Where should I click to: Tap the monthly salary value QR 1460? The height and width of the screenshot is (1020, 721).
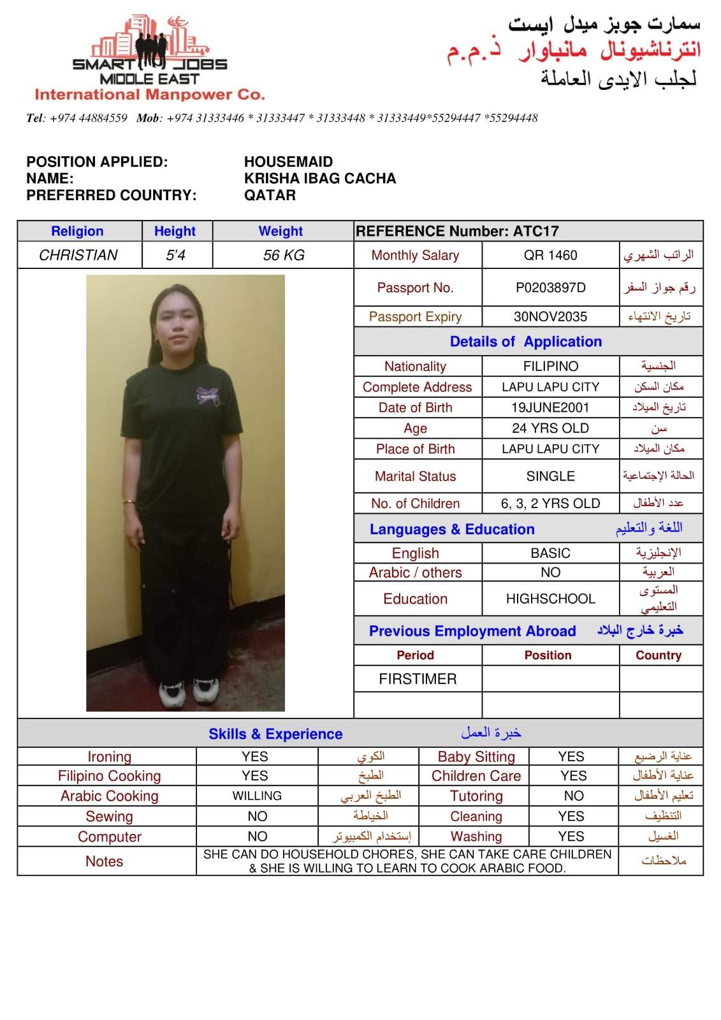550,256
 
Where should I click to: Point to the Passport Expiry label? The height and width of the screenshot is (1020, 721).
415,317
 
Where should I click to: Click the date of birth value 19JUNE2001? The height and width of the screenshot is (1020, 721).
550,408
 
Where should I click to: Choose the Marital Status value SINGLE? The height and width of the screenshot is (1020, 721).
550,476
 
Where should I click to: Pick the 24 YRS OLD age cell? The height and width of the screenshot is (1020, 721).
550,428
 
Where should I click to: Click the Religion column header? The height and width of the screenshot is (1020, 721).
77,231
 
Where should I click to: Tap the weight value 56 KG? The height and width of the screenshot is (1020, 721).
284,256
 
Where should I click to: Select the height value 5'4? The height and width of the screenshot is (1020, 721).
175,256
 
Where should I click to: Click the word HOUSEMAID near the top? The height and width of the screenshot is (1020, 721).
288,162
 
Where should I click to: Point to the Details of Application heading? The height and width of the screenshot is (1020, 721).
525,342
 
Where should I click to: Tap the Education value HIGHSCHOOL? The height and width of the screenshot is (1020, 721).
550,599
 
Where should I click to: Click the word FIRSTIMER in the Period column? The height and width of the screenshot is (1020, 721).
418,680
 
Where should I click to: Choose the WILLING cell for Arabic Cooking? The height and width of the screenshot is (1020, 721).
257,796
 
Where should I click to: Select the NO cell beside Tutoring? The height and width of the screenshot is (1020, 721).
573,796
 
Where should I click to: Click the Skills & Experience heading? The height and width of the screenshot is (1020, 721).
275,734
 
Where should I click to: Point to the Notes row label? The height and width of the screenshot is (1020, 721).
104,862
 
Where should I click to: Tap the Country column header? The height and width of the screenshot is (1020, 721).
659,655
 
